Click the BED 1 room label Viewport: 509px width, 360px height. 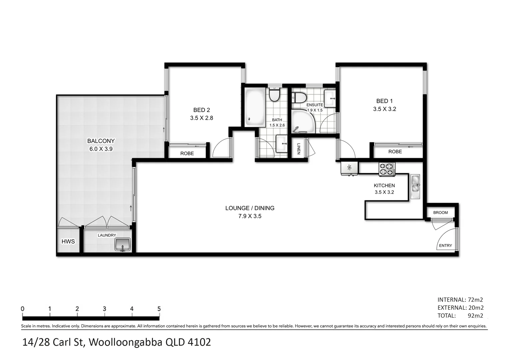[x=384, y=101]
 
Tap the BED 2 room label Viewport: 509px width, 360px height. [x=202, y=110]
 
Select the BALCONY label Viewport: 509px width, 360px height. [x=101, y=141]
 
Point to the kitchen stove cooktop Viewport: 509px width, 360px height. [x=386, y=169]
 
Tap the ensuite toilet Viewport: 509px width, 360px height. [x=299, y=98]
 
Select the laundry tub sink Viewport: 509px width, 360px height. [x=123, y=244]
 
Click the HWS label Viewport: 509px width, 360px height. [x=68, y=241]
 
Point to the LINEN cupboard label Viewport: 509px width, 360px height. [x=298, y=149]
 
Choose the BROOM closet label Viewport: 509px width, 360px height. [x=440, y=212]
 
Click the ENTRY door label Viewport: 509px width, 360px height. [x=445, y=246]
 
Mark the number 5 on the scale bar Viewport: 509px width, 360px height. [x=159, y=309]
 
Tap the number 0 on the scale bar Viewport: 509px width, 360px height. [x=23, y=309]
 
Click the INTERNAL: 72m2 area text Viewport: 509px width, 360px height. [x=460, y=300]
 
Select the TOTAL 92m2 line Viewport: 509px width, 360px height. [x=460, y=316]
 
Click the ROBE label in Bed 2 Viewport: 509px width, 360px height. [x=187, y=153]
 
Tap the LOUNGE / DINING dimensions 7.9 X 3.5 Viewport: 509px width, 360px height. [x=250, y=216]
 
